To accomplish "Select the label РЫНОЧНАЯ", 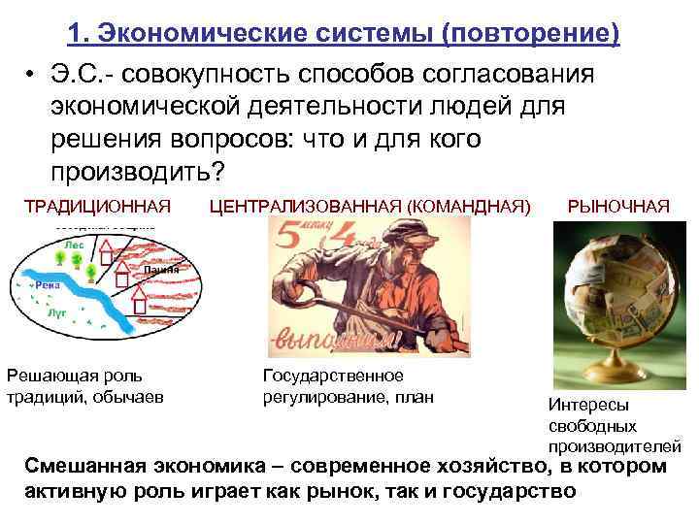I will pos(618,206).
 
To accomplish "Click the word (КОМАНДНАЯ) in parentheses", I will pos(469,206).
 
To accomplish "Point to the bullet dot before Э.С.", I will pos(32,76).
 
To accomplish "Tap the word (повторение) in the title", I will pos(529,34).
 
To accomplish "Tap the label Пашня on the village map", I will pos(161,270).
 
